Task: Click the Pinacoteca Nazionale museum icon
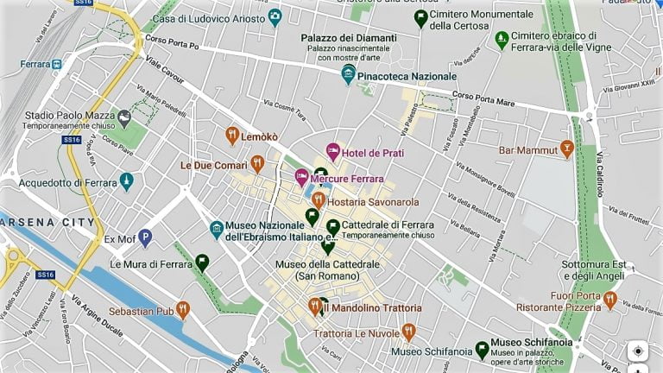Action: [x=348, y=73]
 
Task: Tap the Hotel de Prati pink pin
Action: [x=332, y=152]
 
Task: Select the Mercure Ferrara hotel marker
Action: [x=302, y=178]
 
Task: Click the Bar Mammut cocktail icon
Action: [x=566, y=149]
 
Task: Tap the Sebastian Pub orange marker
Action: [x=182, y=309]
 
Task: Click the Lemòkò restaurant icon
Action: [x=231, y=136]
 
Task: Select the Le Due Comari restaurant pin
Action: [x=257, y=163]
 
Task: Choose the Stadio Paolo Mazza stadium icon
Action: [x=124, y=117]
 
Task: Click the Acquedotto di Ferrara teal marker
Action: [x=127, y=181]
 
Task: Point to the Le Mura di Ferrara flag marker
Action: [x=202, y=262]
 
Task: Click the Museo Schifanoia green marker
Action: [x=482, y=350]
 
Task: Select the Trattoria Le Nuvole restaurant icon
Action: [x=409, y=332]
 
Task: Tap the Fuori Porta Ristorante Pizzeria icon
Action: [x=610, y=300]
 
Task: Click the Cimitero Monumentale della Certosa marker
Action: [x=420, y=17]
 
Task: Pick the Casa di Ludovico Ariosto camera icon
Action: [x=275, y=16]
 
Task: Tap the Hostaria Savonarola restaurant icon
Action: [x=319, y=200]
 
